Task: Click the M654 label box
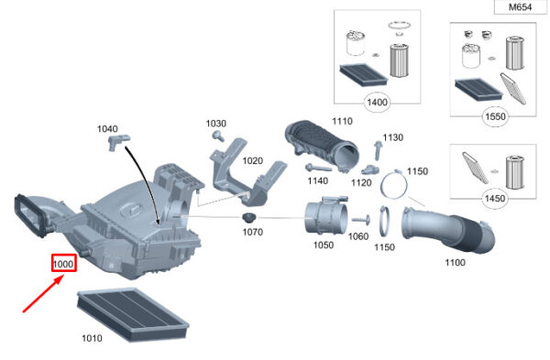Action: (x=521, y=7)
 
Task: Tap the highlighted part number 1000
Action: (x=63, y=264)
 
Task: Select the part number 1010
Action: (x=92, y=338)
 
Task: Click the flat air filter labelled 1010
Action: (x=133, y=314)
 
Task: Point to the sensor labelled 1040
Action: (x=118, y=142)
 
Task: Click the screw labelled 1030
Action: (x=218, y=136)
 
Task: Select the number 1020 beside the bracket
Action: (x=253, y=161)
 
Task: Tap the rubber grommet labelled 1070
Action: (x=249, y=218)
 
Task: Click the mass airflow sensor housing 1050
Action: (x=325, y=215)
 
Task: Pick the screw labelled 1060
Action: (x=361, y=220)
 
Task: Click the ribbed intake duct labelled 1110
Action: (x=322, y=147)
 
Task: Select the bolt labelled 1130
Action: (x=378, y=150)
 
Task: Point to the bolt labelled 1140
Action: (x=318, y=168)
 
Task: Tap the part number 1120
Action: (x=361, y=182)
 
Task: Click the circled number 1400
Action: (x=377, y=103)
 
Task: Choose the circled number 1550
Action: (x=495, y=116)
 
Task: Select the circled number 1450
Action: (x=495, y=199)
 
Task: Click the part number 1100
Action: (x=456, y=263)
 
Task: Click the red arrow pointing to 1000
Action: (x=43, y=294)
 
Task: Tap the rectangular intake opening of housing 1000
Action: (x=30, y=215)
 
